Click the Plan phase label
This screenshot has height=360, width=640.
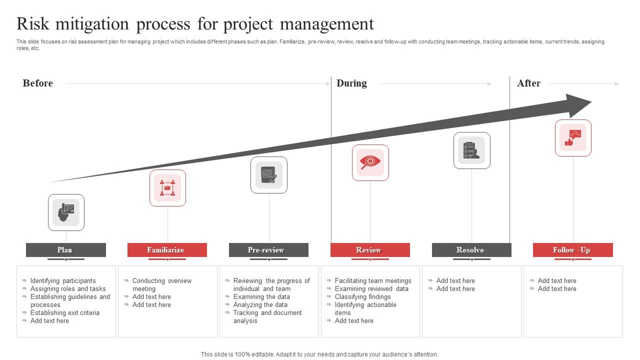(x=65, y=250)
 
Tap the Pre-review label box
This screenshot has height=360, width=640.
(x=268, y=250)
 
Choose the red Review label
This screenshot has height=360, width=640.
(x=370, y=250)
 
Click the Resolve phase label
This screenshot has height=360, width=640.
(x=471, y=250)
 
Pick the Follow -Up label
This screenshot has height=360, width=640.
(x=572, y=250)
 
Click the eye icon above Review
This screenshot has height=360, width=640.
(x=370, y=162)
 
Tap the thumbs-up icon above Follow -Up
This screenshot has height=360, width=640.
(x=573, y=137)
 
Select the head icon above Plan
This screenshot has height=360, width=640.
(x=66, y=212)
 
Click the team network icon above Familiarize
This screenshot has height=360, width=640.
(x=167, y=188)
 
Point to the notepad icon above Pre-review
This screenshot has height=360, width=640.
(x=269, y=175)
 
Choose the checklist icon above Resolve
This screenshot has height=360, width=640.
(x=471, y=150)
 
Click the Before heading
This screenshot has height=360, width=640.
(x=37, y=83)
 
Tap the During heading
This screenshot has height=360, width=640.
(x=351, y=83)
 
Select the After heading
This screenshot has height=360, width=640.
(x=528, y=83)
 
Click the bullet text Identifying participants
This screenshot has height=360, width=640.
(x=63, y=281)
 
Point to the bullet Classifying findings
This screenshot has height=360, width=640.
(x=363, y=297)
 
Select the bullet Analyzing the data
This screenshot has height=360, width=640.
(x=260, y=305)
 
